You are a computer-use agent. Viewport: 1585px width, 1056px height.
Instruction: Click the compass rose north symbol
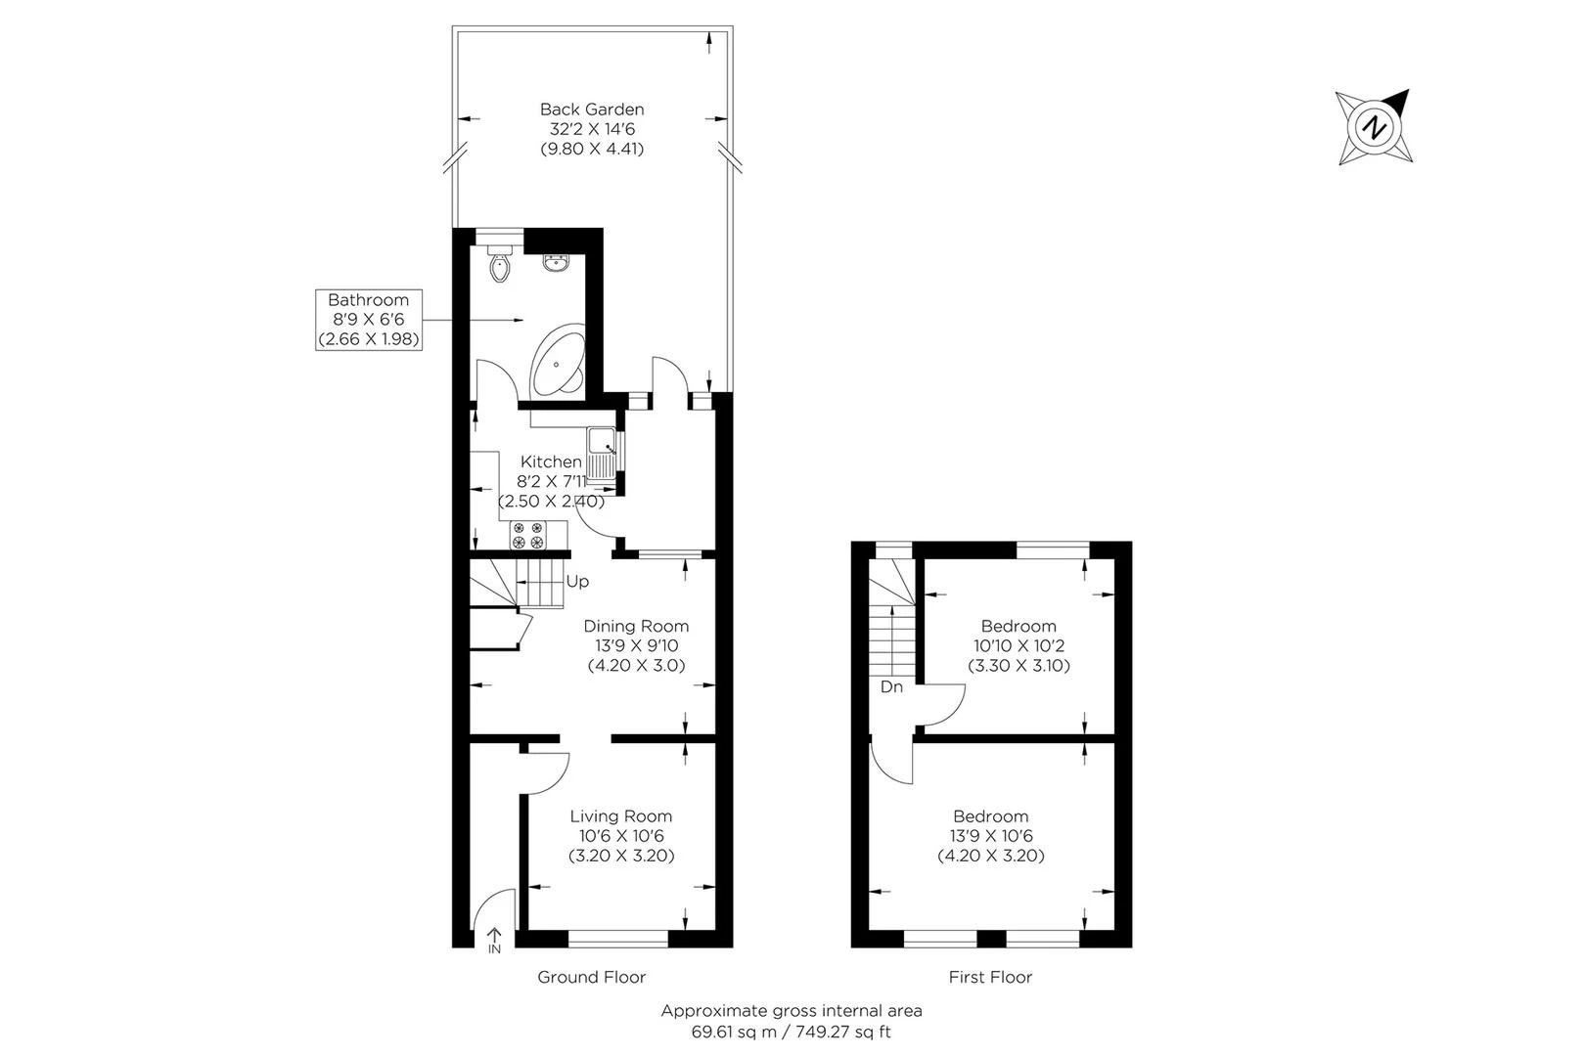click(1375, 127)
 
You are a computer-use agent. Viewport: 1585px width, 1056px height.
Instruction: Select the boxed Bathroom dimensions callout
click(368, 320)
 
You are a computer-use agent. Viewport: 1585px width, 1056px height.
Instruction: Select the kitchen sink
click(603, 452)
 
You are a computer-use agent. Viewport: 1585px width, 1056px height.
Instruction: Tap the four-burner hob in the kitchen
click(527, 535)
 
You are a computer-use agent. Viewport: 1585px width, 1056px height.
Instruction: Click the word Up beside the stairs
click(577, 582)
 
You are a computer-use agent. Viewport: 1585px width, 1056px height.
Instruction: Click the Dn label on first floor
click(891, 687)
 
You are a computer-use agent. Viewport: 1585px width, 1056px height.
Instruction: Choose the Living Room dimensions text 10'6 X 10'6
click(621, 836)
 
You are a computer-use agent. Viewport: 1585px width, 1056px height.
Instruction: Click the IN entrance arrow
click(494, 941)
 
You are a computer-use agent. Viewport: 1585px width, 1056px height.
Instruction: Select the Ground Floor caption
click(592, 977)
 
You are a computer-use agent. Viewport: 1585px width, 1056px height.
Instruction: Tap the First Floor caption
click(990, 977)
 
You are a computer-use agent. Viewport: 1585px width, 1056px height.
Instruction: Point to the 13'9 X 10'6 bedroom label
click(991, 836)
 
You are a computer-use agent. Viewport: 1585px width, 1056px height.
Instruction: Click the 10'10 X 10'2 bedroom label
click(1019, 646)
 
